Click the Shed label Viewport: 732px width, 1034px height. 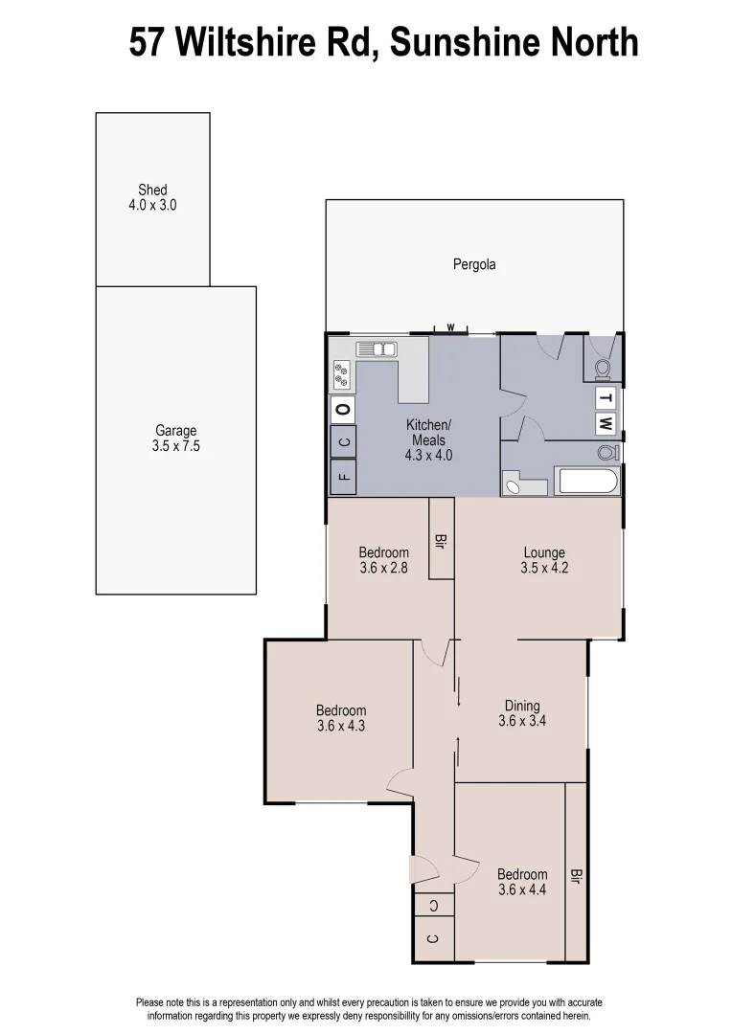152,191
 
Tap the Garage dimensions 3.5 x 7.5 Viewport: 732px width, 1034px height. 175,445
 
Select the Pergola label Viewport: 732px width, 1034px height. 474,265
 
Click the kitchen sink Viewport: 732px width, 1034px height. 377,349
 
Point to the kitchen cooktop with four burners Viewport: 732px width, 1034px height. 341,374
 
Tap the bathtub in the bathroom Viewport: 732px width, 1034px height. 587,481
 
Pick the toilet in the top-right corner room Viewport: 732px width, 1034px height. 604,368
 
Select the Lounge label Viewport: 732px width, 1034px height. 544,552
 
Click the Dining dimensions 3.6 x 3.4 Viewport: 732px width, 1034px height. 522,721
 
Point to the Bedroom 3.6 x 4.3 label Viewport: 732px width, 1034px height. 341,710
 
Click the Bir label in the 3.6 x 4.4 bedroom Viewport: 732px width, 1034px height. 576,876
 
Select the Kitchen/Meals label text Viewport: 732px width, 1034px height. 428,432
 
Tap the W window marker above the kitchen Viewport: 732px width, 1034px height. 449,327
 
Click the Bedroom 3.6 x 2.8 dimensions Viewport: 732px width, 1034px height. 384,567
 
